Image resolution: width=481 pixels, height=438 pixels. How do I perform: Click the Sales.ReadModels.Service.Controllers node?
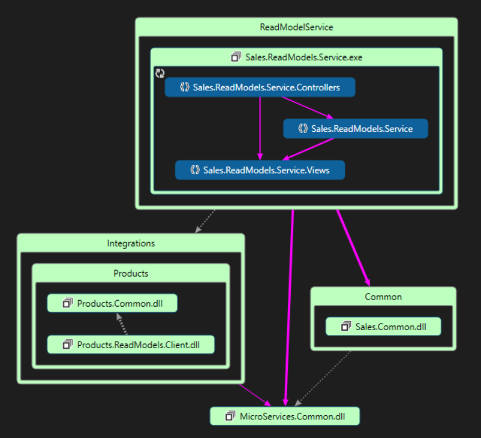click(260, 87)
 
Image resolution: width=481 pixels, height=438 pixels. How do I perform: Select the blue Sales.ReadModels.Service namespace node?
click(355, 128)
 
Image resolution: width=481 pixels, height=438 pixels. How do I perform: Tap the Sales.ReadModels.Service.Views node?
click(260, 170)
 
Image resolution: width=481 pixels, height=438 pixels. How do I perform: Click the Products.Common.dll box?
click(113, 303)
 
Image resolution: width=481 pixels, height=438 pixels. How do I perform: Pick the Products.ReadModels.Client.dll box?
click(131, 345)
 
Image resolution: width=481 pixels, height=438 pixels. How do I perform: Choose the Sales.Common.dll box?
click(383, 327)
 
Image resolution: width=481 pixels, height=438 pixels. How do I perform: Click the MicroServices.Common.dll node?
click(284, 416)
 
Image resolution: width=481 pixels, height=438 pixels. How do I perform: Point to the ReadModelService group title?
click(296, 27)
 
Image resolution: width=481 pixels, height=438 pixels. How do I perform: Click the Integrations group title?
click(131, 243)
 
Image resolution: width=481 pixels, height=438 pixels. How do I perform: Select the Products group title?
click(131, 273)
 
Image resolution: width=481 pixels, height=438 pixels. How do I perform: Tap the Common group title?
click(383, 296)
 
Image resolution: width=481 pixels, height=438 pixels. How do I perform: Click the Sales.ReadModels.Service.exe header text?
click(303, 57)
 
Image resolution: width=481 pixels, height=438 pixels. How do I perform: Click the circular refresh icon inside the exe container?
click(160, 73)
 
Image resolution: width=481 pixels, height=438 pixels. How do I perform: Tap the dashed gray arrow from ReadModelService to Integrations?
click(205, 221)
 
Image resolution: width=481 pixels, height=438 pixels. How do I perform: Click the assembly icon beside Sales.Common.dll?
click(346, 327)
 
